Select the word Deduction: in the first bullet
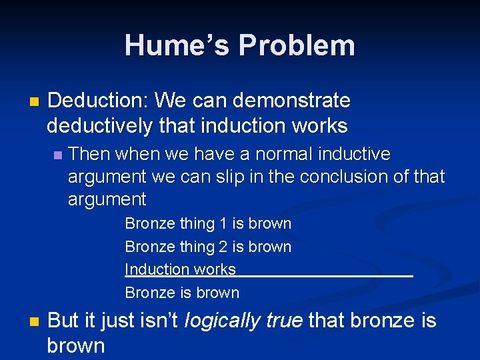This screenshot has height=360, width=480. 98,101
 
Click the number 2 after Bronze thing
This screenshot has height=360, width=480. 223,247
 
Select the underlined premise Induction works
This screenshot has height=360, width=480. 180,269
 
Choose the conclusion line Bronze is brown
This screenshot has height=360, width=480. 182,293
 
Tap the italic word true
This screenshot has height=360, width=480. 284,321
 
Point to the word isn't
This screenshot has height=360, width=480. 158,321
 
